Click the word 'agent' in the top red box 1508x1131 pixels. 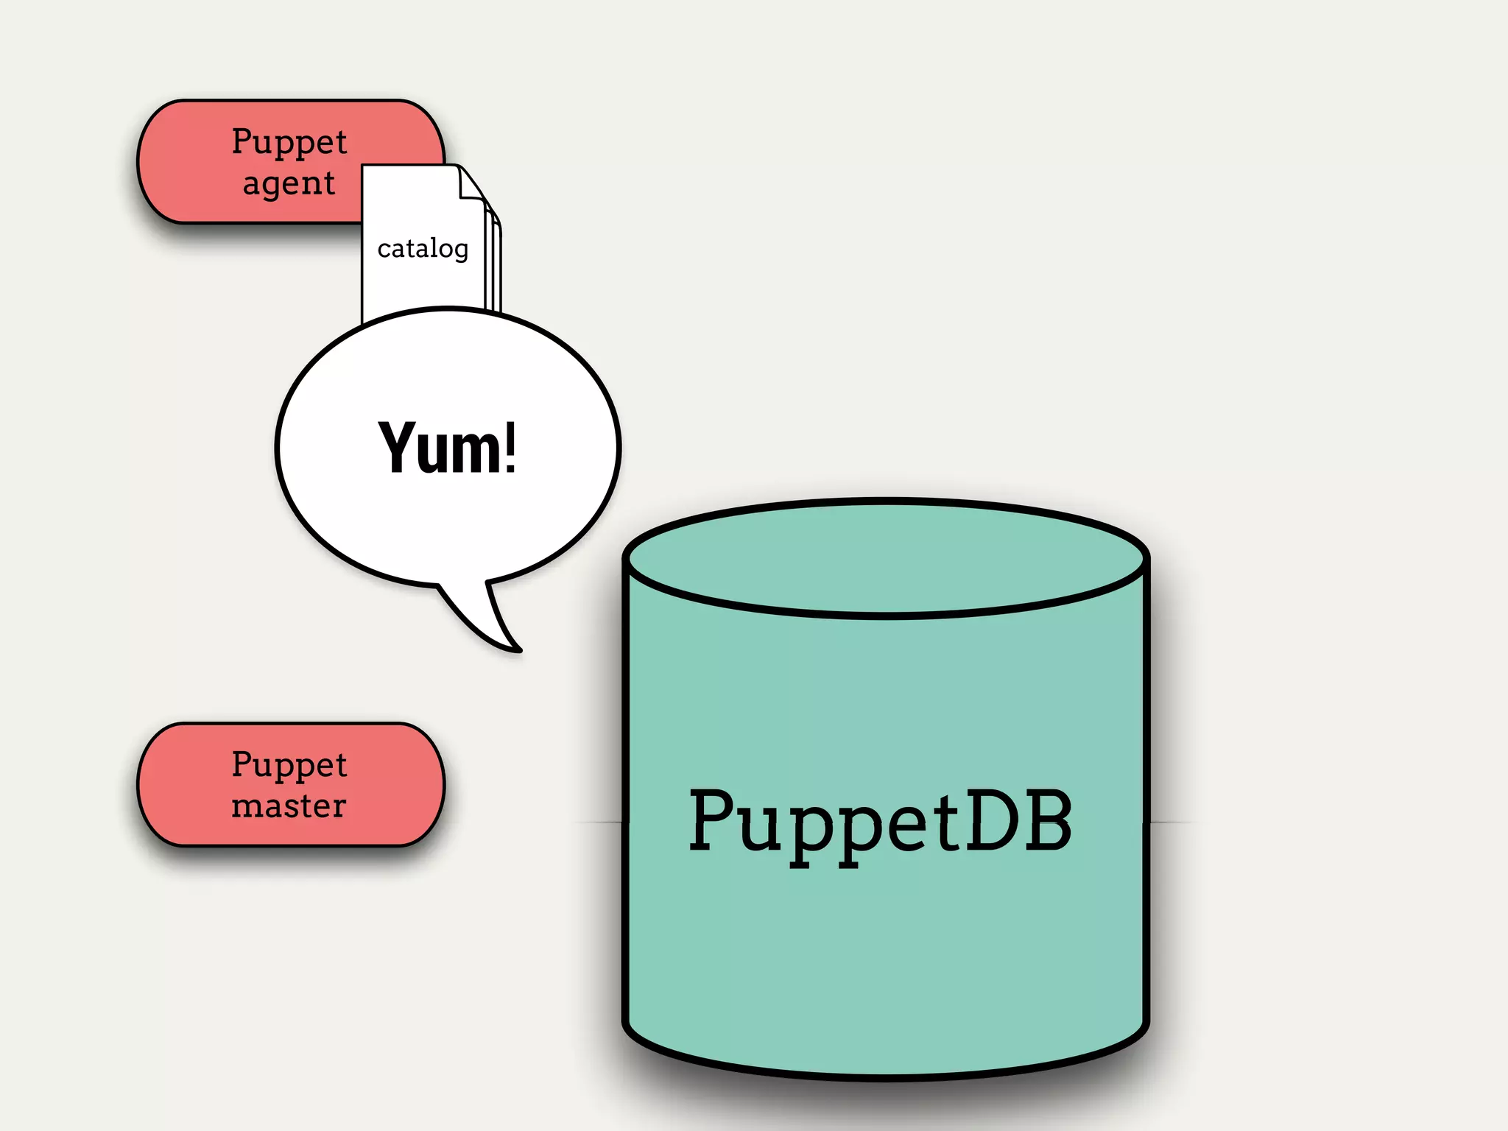pos(289,183)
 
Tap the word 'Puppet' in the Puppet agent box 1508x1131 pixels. pos(289,141)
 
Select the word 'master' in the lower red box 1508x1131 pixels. pos(289,806)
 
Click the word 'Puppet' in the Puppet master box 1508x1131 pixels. pos(289,764)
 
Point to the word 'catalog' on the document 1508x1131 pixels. pos(423,249)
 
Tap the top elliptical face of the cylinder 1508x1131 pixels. pos(886,557)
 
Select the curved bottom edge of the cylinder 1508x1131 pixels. pos(886,1076)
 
